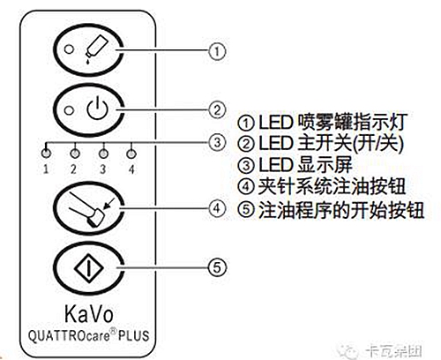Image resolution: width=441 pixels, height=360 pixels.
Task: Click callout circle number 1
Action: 213,51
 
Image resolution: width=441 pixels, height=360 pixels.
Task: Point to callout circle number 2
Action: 213,110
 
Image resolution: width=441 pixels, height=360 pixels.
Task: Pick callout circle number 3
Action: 213,141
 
